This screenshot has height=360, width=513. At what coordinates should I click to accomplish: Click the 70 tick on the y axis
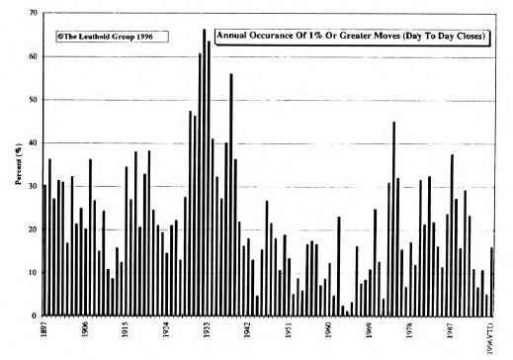pos(33,13)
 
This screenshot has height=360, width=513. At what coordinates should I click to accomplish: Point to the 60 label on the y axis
pos(33,56)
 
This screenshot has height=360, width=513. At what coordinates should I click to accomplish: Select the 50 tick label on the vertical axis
pos(33,100)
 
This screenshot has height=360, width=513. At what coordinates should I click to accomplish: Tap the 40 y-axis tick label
pos(33,142)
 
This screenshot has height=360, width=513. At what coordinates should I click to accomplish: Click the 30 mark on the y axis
pos(33,186)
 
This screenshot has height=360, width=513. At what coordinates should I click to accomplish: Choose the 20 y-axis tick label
pos(33,229)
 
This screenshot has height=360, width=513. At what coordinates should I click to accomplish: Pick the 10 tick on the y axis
pos(33,272)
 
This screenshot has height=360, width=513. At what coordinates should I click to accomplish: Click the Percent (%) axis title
pos(17,164)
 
